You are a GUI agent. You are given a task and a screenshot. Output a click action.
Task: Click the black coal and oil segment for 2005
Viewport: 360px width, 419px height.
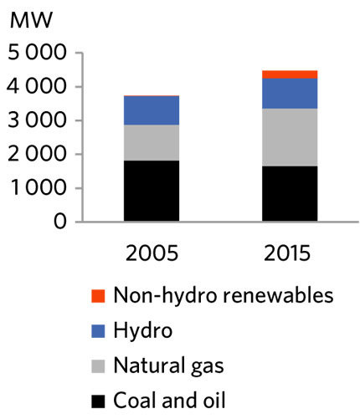(x=151, y=192)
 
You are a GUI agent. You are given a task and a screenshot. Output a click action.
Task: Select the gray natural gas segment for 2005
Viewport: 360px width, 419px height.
(x=151, y=142)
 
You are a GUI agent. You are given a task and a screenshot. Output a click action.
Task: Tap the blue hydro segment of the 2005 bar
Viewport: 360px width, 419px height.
(x=151, y=110)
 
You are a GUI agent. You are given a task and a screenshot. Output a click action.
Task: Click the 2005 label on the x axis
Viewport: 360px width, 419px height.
(x=151, y=253)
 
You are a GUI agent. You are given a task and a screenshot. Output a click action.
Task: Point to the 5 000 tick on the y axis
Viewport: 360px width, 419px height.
(x=37, y=54)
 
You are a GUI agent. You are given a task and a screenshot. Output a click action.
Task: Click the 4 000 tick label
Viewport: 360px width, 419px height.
(x=37, y=87)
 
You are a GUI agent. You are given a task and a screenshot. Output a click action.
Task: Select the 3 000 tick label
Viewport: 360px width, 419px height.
(x=37, y=121)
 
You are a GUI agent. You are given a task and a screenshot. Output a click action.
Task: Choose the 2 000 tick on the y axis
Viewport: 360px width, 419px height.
(x=37, y=155)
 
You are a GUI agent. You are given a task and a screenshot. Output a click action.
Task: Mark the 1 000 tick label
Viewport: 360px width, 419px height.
(x=37, y=189)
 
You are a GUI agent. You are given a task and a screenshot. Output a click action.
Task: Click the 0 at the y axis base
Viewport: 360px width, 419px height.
(x=59, y=222)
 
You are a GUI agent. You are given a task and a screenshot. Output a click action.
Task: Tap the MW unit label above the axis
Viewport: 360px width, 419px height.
(x=28, y=22)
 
